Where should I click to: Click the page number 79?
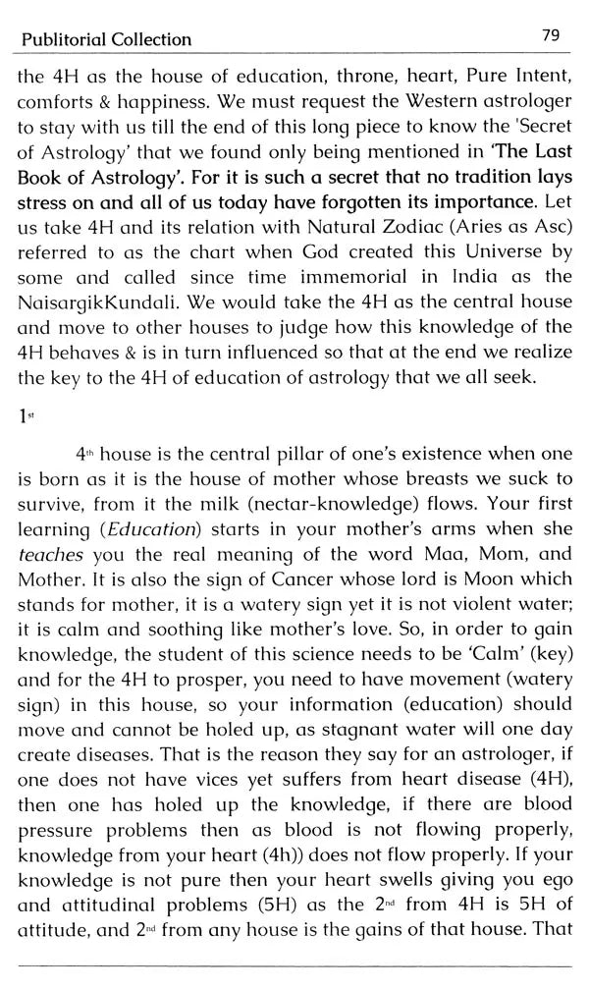point(550,35)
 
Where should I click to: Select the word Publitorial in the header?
point(55,40)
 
